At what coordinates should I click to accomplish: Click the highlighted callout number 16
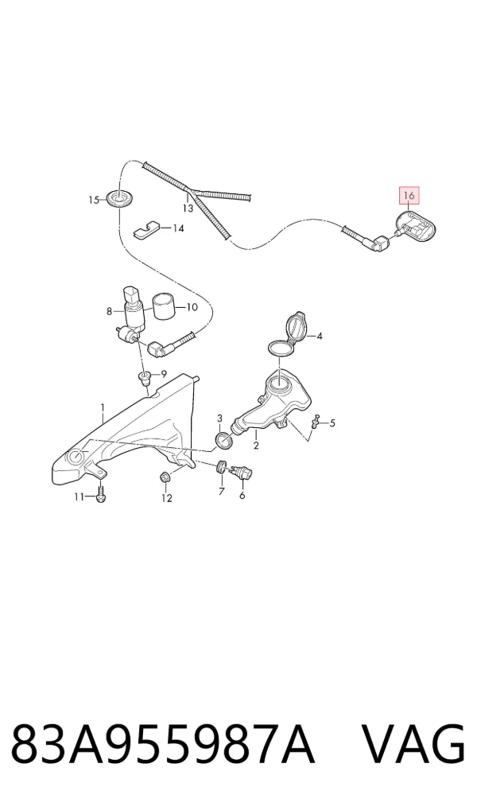(x=409, y=196)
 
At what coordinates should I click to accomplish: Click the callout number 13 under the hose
(x=188, y=208)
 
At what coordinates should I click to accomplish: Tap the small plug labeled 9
(x=145, y=378)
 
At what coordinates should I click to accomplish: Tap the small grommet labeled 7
(x=221, y=466)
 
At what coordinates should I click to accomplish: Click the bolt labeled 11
(x=101, y=495)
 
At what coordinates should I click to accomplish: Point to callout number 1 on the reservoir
(x=103, y=408)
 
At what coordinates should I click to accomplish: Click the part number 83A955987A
(x=162, y=745)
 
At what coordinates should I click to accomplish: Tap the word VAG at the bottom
(x=412, y=745)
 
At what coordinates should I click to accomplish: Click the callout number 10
(x=191, y=307)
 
